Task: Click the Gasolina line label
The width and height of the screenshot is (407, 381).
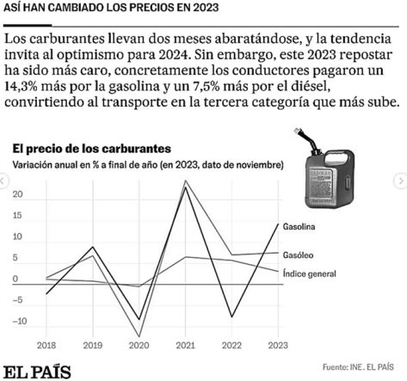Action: [299, 227]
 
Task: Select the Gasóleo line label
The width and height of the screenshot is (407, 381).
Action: [298, 255]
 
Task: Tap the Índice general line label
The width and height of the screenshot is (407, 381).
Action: [309, 273]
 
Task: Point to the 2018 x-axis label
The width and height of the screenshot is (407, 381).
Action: [46, 345]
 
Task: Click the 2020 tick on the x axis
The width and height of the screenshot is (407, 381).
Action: [139, 345]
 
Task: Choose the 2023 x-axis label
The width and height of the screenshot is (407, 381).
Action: [278, 345]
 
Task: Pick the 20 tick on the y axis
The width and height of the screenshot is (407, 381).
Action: [17, 194]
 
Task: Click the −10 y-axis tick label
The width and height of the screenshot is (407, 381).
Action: [20, 321]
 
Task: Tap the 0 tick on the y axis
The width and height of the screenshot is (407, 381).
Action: [15, 279]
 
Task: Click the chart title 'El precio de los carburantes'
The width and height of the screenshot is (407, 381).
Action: [92, 149]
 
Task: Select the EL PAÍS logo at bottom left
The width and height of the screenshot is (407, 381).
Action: [37, 372]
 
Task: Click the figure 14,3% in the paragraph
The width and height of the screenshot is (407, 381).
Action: [21, 86]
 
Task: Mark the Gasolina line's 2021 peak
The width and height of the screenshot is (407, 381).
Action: [186, 187]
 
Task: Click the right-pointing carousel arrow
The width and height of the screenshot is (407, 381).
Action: [400, 181]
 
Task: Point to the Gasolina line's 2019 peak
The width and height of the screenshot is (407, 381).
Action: [93, 247]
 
